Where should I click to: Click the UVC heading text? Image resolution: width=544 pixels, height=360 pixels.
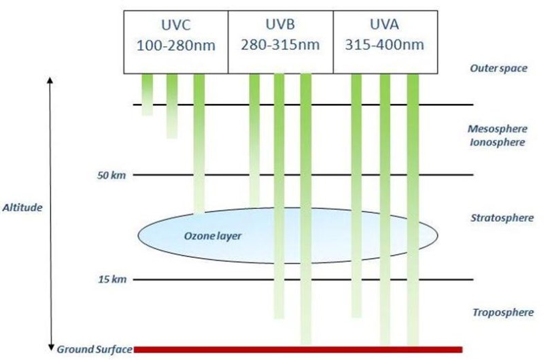coord(176,25)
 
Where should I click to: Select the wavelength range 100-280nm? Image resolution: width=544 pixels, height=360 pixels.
coord(176,46)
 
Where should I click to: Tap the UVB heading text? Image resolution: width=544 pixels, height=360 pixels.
coord(280,24)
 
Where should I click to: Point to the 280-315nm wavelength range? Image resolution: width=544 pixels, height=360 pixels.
coord(280,45)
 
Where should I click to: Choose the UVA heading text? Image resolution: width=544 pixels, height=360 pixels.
coord(384,24)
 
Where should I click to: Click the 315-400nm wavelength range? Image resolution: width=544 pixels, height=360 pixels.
coord(384,45)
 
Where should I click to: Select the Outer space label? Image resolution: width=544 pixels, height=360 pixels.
coord(498,68)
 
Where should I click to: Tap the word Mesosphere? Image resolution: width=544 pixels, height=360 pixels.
coord(498,129)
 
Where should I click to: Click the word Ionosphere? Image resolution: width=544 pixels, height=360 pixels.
coord(497,142)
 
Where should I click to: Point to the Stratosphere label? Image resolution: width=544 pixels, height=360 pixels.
coord(502,218)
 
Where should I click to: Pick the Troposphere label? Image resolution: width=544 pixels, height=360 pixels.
coord(503,312)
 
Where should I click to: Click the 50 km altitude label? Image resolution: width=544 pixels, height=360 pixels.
coord(112,176)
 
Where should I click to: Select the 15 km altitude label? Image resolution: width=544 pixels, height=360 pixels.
coord(112,279)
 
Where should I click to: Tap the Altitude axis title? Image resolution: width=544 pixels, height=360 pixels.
coord(22,208)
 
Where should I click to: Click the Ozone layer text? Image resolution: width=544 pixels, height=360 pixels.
coord(213,236)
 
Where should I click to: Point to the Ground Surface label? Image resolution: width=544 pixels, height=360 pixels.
coord(95,349)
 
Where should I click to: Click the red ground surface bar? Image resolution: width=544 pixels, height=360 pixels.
coord(298,350)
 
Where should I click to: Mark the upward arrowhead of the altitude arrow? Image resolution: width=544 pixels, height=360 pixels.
coord(50,80)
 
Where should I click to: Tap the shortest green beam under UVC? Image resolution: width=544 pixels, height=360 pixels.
coord(148,95)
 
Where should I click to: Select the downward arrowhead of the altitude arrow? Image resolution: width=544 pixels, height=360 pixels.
coord(51,348)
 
